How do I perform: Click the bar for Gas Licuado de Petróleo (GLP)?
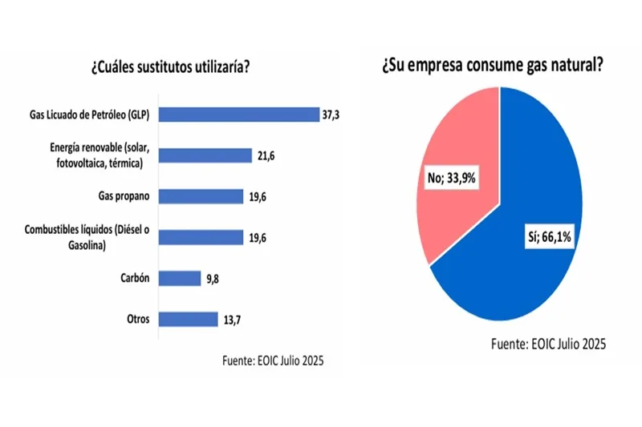(x=238, y=115)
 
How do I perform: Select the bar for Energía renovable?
(x=205, y=155)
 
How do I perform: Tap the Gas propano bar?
(x=200, y=196)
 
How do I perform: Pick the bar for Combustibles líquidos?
(x=200, y=237)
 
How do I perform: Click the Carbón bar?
(x=179, y=278)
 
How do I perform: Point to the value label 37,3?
(x=331, y=115)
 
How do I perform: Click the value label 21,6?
(x=266, y=155)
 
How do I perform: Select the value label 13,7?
(x=232, y=319)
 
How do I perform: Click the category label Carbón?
(x=132, y=278)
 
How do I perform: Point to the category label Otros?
(x=136, y=319)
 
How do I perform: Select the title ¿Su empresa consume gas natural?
(x=493, y=66)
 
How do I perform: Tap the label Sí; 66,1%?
(x=543, y=237)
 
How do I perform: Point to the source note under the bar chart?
(x=272, y=361)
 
